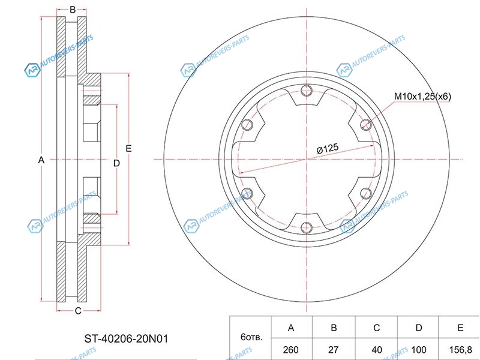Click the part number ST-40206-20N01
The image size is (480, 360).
[x=126, y=338]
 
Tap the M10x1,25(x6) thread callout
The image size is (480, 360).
[x=422, y=97]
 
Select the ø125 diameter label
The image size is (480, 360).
[x=328, y=149]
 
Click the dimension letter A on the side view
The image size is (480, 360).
[x=41, y=160]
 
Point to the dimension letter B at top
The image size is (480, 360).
[x=73, y=10]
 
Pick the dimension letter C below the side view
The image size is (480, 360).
[x=78, y=311]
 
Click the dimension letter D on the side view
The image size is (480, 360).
[x=116, y=163]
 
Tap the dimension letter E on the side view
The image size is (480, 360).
[x=128, y=148]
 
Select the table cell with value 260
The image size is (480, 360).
[x=291, y=349]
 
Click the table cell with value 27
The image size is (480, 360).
[x=334, y=349]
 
